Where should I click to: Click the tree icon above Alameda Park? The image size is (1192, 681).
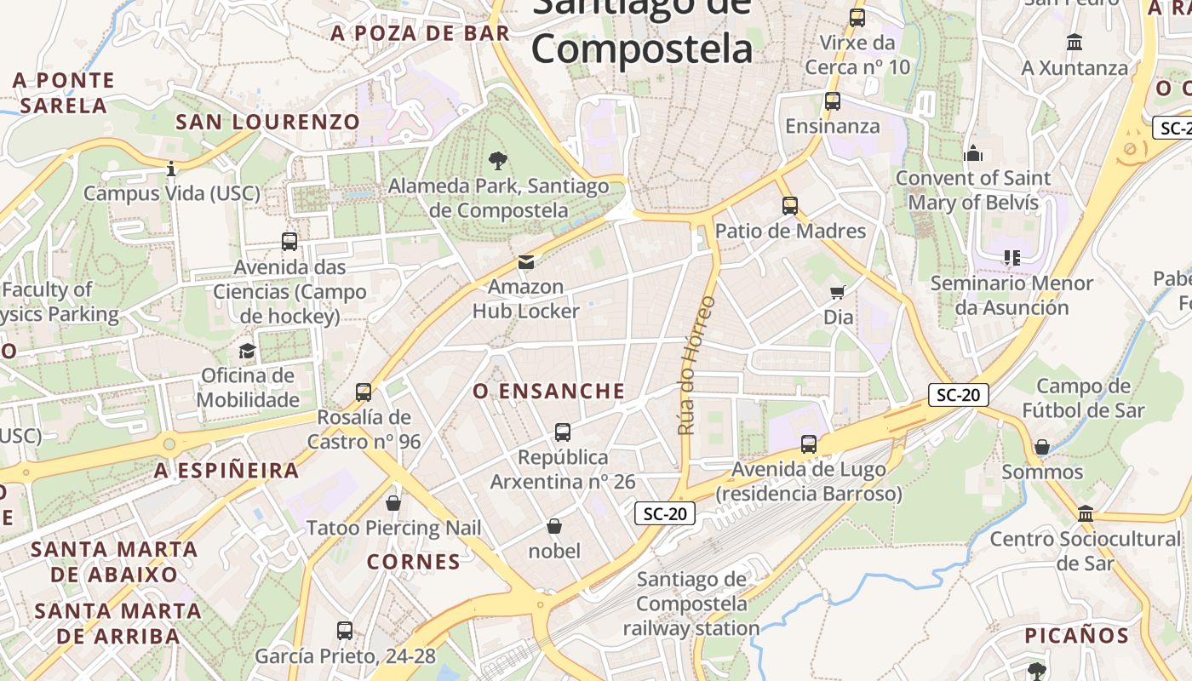(x=498, y=159)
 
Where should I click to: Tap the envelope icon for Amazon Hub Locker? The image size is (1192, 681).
(x=526, y=261)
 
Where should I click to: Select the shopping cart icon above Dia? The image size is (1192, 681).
(x=838, y=292)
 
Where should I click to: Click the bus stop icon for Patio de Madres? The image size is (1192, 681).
(x=790, y=205)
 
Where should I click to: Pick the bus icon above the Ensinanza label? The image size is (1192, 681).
(x=833, y=100)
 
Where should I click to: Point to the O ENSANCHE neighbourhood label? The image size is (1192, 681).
(x=549, y=392)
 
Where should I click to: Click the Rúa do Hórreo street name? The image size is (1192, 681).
(x=697, y=365)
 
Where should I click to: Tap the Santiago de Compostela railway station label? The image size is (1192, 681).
(x=691, y=604)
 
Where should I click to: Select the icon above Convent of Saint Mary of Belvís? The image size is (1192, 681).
(x=973, y=153)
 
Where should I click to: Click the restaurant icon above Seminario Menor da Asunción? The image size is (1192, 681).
(x=1011, y=257)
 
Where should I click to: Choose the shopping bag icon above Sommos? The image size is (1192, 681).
(x=1042, y=447)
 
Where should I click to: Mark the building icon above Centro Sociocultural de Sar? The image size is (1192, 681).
(x=1086, y=513)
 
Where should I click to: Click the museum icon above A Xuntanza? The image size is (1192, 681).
(x=1075, y=42)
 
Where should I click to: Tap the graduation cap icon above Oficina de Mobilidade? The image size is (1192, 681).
(x=247, y=351)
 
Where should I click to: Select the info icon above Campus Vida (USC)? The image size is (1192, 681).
(x=171, y=169)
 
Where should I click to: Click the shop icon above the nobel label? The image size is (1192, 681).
(x=554, y=526)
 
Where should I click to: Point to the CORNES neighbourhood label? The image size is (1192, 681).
(x=414, y=562)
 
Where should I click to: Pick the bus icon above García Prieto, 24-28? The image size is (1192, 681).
(x=345, y=631)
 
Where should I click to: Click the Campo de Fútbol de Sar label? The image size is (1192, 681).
(x=1083, y=398)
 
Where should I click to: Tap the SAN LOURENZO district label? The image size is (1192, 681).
(x=267, y=122)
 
